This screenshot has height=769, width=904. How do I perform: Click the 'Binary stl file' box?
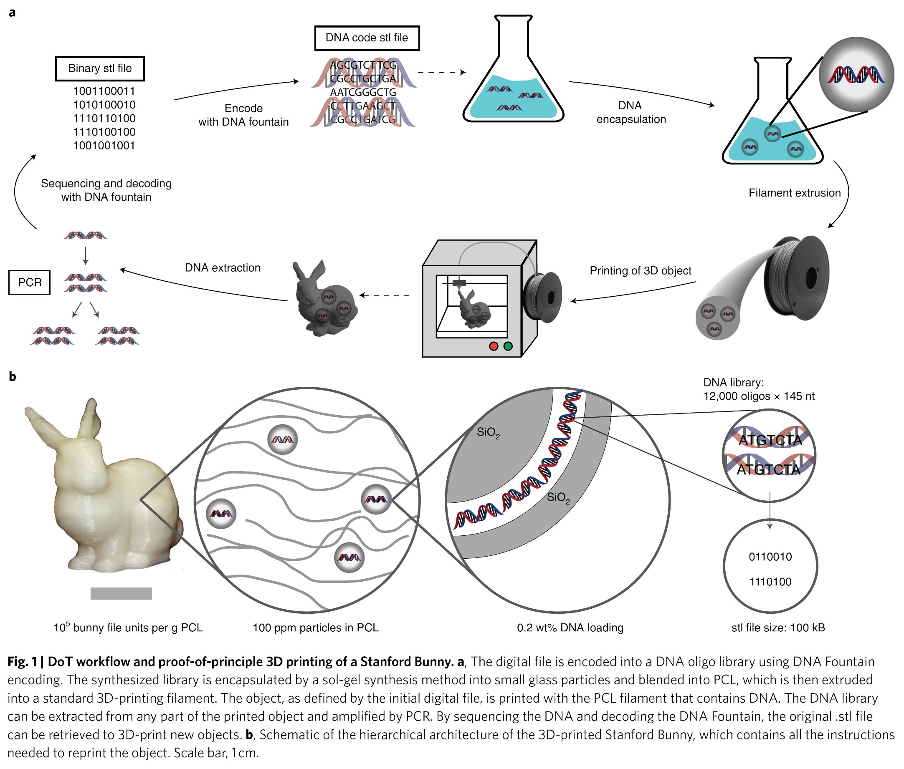pyautogui.click(x=100, y=68)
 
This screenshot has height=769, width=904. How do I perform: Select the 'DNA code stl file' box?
pyautogui.click(x=367, y=38)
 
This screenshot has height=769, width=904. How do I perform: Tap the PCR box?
pyautogui.click(x=30, y=282)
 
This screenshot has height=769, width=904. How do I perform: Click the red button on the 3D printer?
pyautogui.click(x=494, y=346)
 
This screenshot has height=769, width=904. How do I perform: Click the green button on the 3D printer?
pyautogui.click(x=508, y=346)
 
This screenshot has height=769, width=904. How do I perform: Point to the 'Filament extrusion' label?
pyautogui.click(x=795, y=193)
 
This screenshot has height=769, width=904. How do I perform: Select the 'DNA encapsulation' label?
pyautogui.click(x=631, y=113)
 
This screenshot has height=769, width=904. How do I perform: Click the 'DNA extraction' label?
pyautogui.click(x=223, y=267)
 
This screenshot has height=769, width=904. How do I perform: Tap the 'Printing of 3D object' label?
pyautogui.click(x=640, y=271)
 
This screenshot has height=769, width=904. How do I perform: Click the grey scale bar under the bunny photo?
pyautogui.click(x=121, y=593)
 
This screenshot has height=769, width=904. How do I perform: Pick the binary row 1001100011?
pyautogui.click(x=104, y=91)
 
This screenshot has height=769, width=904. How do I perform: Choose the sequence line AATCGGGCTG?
pyautogui.click(x=363, y=92)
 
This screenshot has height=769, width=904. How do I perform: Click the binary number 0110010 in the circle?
pyautogui.click(x=770, y=557)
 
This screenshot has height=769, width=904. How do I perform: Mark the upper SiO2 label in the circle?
pyautogui.click(x=488, y=432)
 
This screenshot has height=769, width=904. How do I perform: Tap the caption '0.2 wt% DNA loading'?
pyautogui.click(x=570, y=628)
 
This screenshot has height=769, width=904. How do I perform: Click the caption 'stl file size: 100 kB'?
pyautogui.click(x=778, y=628)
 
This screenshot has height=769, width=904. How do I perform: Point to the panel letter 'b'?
pyautogui.click(x=12, y=376)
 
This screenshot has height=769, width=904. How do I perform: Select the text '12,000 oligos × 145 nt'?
pyautogui.click(x=759, y=396)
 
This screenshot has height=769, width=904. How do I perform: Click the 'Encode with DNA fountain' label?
pyautogui.click(x=243, y=115)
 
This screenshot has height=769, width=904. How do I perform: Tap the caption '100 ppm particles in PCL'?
pyautogui.click(x=315, y=628)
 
